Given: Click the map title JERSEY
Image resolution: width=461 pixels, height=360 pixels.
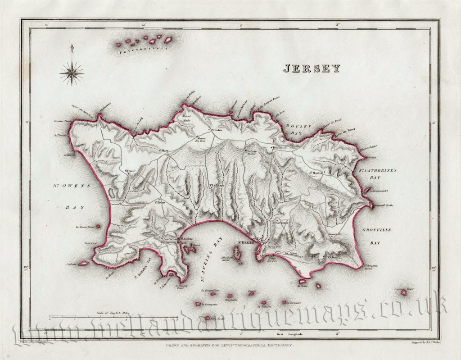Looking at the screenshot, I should pyautogui.click(x=312, y=68).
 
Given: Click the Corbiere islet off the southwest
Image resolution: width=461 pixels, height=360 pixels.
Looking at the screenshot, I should pyautogui.click(x=84, y=263).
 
